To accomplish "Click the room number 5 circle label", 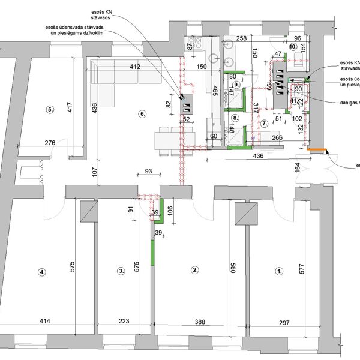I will pyautogui.click(x=50, y=110).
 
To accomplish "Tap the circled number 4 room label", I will pyautogui.click(x=42, y=272).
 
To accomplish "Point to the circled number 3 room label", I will pyautogui.click(x=121, y=272).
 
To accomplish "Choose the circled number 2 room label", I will pyautogui.click(x=194, y=270).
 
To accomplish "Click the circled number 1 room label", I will pyautogui.click(x=279, y=271).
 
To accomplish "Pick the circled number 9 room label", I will pyautogui.click(x=236, y=86).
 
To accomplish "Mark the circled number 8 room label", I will pyautogui.click(x=236, y=118).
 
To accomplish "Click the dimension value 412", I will pyautogui.click(x=134, y=67).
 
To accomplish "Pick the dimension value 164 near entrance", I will pyautogui.click(x=296, y=168).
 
